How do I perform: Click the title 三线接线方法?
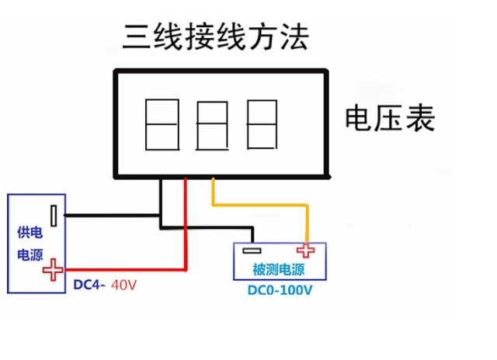click(216, 35)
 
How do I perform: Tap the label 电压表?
click(389, 119)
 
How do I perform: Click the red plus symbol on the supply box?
click(53, 271)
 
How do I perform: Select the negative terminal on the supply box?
click(54, 215)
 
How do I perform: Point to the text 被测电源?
click(278, 270)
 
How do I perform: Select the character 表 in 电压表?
click(419, 119)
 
